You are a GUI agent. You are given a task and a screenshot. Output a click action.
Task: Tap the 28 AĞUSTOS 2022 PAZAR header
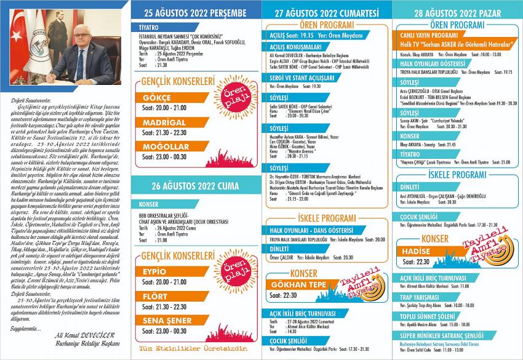tap(456, 12)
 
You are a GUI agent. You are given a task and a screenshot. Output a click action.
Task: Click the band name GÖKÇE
tap(157, 98)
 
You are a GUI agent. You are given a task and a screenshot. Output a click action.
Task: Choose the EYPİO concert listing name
tap(154, 271)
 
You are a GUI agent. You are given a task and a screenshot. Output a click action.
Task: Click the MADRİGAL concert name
tap(164, 122)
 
